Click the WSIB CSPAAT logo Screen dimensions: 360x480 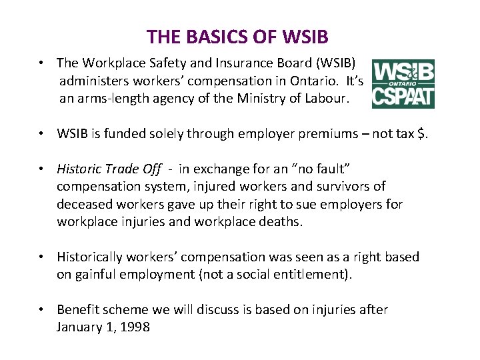403,83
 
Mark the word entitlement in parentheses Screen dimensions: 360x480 313,275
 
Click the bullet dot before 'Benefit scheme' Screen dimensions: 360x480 42,309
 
